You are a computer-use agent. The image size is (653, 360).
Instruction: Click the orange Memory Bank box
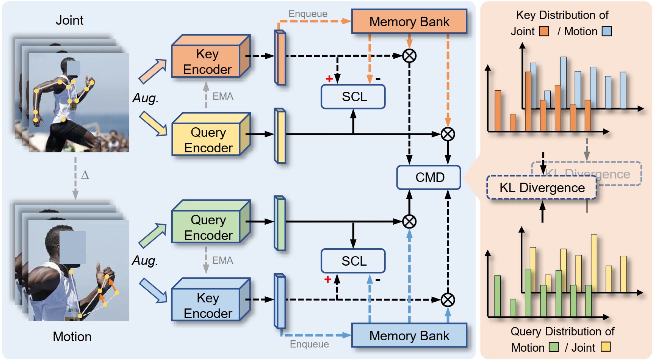click(409, 22)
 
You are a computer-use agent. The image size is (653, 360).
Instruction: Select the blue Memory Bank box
click(409, 335)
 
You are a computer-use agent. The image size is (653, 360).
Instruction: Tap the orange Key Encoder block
click(207, 61)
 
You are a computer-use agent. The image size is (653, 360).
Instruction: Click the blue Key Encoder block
click(208, 305)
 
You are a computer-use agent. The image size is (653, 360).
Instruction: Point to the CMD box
click(429, 177)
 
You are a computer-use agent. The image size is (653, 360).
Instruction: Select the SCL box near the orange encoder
click(354, 97)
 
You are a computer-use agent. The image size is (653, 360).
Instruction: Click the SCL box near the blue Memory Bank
click(354, 261)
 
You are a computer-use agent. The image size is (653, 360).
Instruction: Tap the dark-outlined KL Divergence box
click(542, 188)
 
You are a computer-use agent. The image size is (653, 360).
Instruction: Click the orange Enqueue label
click(308, 14)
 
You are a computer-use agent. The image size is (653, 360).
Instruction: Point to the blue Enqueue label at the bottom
click(309, 344)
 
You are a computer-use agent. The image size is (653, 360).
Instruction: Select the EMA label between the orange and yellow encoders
click(223, 96)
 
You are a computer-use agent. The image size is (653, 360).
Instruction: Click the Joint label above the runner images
click(69, 20)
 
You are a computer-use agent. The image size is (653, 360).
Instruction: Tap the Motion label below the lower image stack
click(72, 337)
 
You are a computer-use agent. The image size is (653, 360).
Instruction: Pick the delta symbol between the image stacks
click(85, 175)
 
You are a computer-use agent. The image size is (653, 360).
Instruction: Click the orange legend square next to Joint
click(544, 31)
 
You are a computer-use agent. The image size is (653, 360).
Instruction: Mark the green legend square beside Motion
click(554, 347)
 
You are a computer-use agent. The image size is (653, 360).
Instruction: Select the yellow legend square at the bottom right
click(606, 347)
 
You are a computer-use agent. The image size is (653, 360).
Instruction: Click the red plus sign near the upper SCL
click(329, 79)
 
